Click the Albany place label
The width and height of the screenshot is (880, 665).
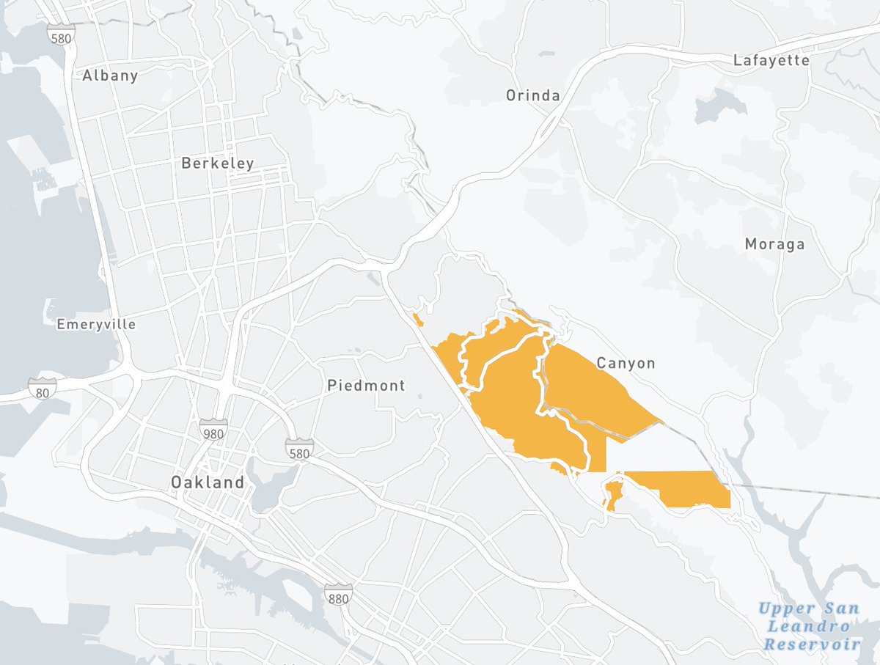pos(110,76)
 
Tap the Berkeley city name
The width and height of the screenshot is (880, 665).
pos(218,164)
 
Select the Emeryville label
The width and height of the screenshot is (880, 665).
pos(96,324)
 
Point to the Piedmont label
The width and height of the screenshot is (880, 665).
pos(366,385)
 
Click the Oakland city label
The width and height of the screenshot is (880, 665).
pos(208,482)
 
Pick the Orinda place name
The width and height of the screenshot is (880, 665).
pos(533,95)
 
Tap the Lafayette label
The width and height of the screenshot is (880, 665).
pos(771,60)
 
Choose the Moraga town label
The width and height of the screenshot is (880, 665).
pos(774,244)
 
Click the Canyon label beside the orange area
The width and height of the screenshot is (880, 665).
pos(626,363)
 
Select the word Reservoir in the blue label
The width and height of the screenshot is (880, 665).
pos(812,644)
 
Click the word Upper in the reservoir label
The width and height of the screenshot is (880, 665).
pos(786,609)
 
